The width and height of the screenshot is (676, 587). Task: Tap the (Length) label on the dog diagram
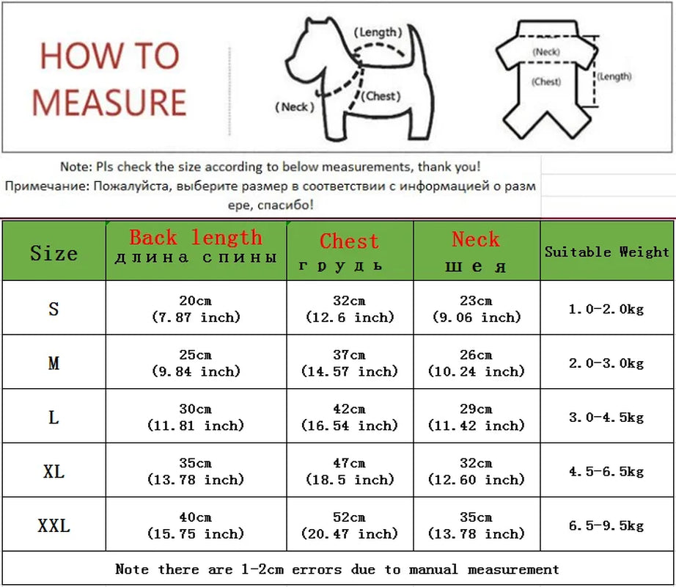click(x=378, y=32)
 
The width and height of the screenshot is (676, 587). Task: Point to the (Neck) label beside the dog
click(x=295, y=106)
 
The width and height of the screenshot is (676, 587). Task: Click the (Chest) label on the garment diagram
click(x=547, y=81)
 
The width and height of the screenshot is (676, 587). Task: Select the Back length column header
click(x=196, y=247)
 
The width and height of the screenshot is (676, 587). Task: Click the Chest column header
click(x=349, y=250)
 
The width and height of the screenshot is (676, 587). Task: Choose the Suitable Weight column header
click(x=607, y=252)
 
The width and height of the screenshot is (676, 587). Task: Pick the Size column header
click(x=54, y=254)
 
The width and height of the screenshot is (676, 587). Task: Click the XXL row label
click(x=54, y=525)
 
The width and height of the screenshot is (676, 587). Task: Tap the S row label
click(x=54, y=309)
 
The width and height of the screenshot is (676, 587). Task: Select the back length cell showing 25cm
click(x=196, y=362)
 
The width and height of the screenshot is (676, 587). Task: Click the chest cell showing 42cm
click(x=349, y=417)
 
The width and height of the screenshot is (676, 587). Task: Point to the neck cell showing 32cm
click(x=476, y=471)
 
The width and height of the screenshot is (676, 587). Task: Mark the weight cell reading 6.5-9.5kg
click(x=607, y=525)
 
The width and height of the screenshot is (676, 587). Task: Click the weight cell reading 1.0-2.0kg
click(x=607, y=309)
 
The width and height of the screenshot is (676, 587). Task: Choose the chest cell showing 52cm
click(x=349, y=525)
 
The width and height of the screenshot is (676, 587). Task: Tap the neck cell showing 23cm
click(x=476, y=309)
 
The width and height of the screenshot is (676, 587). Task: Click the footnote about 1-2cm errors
click(x=337, y=569)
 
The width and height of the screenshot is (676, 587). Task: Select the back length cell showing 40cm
click(x=196, y=525)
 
